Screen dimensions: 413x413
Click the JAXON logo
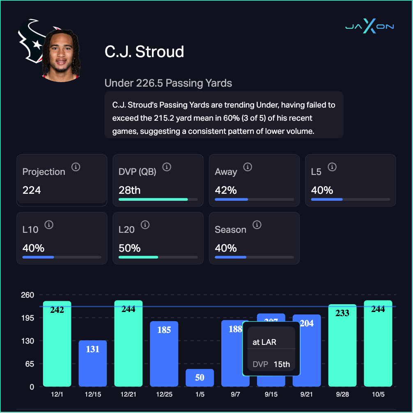[369, 27]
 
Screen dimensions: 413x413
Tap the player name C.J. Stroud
[144, 52]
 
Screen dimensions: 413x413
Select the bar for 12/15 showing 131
[93, 363]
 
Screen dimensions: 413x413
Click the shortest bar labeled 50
[200, 378]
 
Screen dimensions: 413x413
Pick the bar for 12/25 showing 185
[164, 354]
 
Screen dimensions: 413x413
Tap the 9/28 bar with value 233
[342, 345]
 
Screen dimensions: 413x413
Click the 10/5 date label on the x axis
[378, 394]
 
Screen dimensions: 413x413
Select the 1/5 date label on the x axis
[200, 394]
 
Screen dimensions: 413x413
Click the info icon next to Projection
[76, 167]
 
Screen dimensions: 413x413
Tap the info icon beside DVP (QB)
[166, 167]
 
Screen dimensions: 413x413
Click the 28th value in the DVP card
[129, 190]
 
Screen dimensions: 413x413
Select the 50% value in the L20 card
[129, 248]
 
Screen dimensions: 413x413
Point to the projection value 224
[32, 190]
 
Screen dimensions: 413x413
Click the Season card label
[230, 229]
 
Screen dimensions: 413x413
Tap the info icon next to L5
[332, 167]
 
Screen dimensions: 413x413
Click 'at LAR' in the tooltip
[264, 342]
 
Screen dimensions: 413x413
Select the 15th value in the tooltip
[282, 364]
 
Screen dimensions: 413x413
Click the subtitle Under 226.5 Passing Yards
[168, 83]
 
